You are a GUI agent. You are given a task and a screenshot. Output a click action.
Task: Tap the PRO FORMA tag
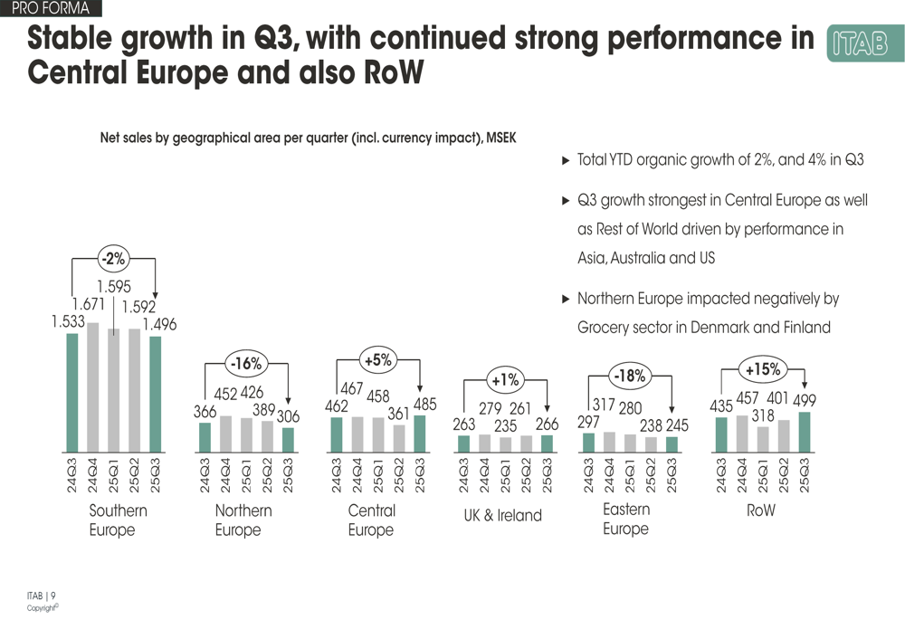pyautogui.click(x=51, y=9)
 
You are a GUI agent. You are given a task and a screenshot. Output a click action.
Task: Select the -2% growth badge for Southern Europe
pyautogui.click(x=113, y=259)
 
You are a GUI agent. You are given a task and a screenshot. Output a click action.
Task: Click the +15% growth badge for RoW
pyautogui.click(x=762, y=369)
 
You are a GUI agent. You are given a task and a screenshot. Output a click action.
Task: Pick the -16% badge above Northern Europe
pyautogui.click(x=245, y=364)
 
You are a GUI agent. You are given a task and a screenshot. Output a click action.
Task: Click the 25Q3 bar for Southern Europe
pyautogui.click(x=156, y=395)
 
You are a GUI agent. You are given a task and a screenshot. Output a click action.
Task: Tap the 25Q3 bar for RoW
pyautogui.click(x=805, y=432)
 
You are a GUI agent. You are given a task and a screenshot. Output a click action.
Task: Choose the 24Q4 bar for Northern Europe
pyautogui.click(x=225, y=434)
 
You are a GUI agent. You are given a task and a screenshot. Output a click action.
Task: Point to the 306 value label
pyautogui.click(x=288, y=416)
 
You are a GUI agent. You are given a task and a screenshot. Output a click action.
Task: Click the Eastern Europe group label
pyautogui.click(x=626, y=519)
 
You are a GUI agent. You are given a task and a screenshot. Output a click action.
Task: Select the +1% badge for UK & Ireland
pyautogui.click(x=505, y=379)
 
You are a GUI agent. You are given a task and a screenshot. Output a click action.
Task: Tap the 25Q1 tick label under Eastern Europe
pyautogui.click(x=630, y=475)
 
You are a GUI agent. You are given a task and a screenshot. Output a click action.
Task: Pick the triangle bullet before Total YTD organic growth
pyautogui.click(x=567, y=160)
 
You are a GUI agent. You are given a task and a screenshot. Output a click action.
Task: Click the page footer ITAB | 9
pyautogui.click(x=42, y=595)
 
